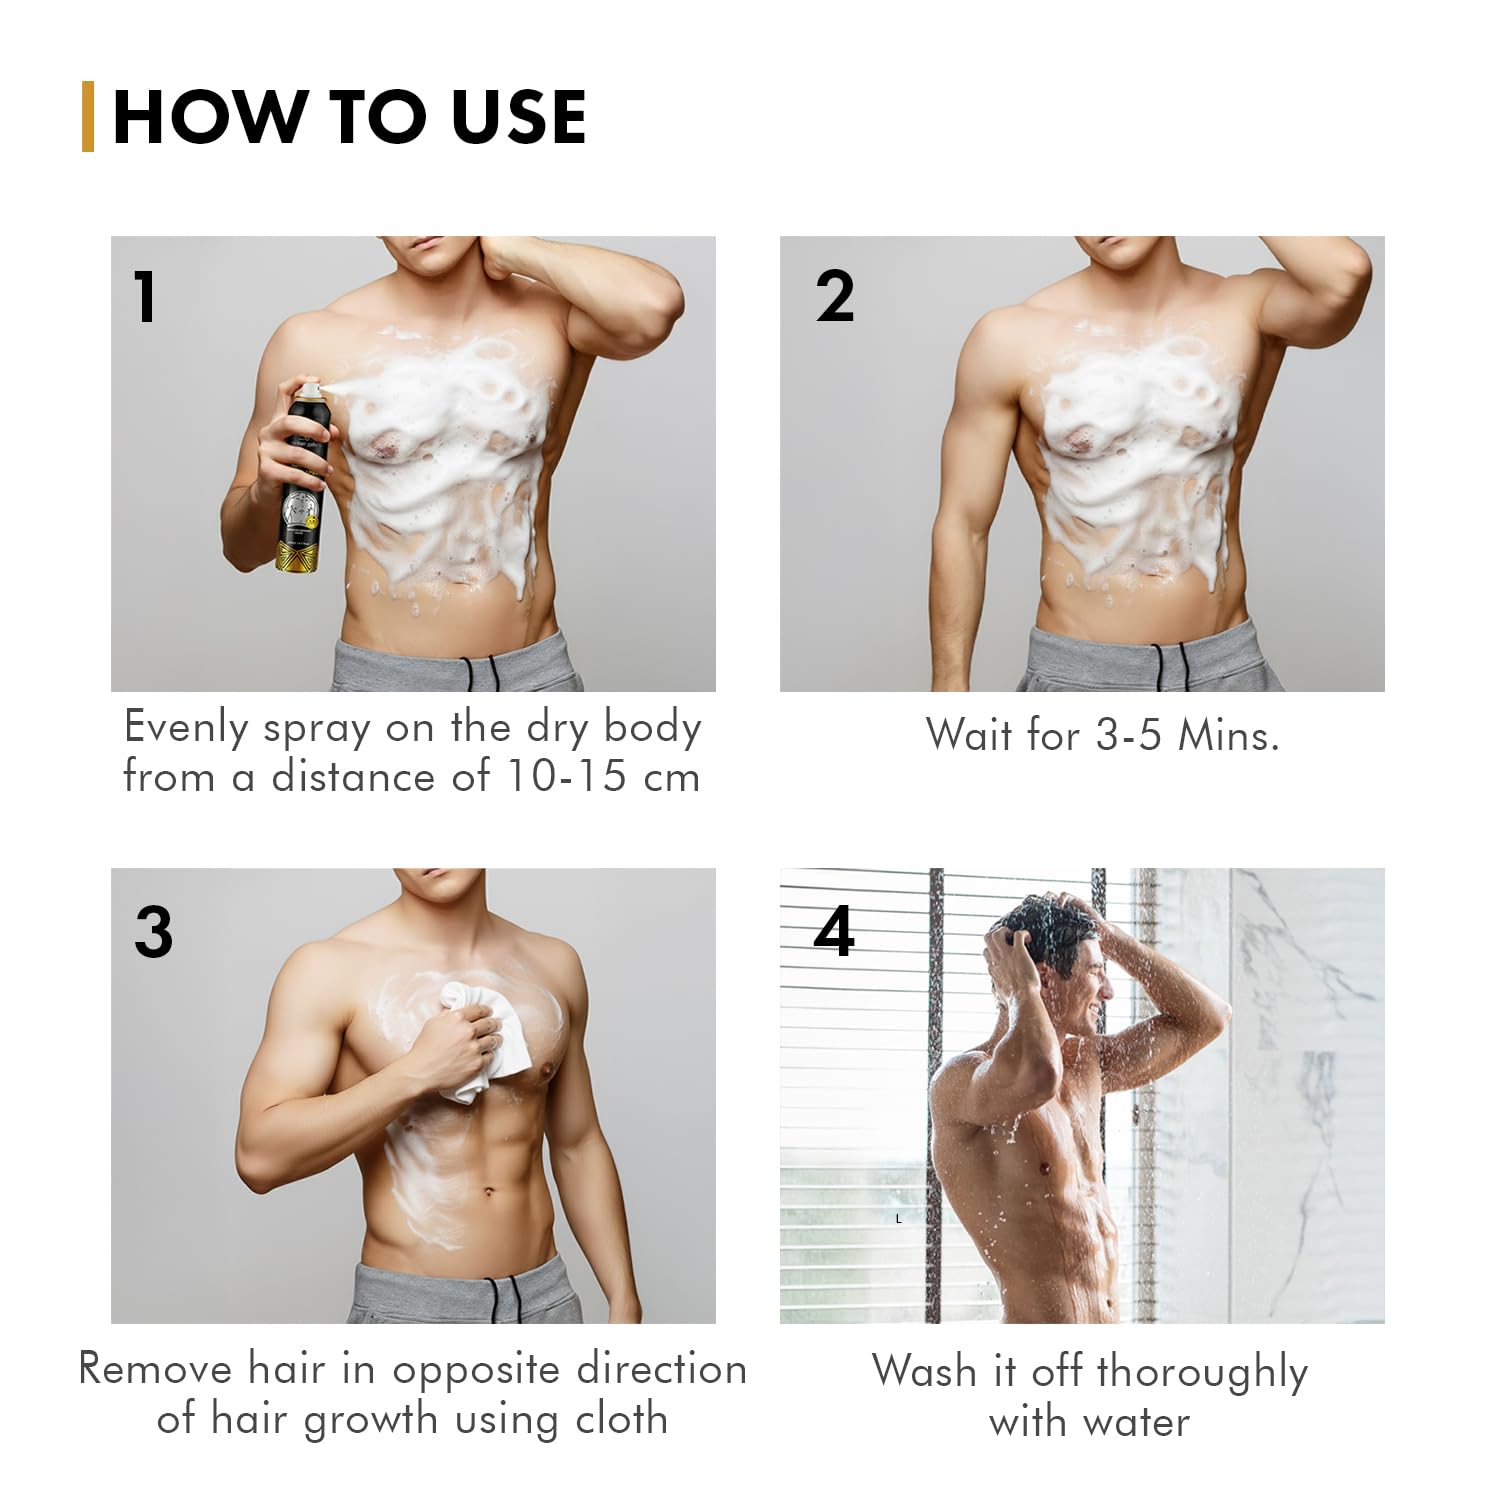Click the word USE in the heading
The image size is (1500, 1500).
coord(518,118)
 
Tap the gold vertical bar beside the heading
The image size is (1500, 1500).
coord(88,117)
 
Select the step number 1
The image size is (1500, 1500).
coord(146,297)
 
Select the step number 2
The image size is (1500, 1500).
coord(835,297)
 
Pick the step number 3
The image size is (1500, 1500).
coord(153,932)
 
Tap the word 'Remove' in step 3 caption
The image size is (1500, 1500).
coord(154,1369)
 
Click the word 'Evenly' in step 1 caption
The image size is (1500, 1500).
coord(186,728)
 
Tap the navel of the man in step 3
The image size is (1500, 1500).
coord(489,1192)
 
